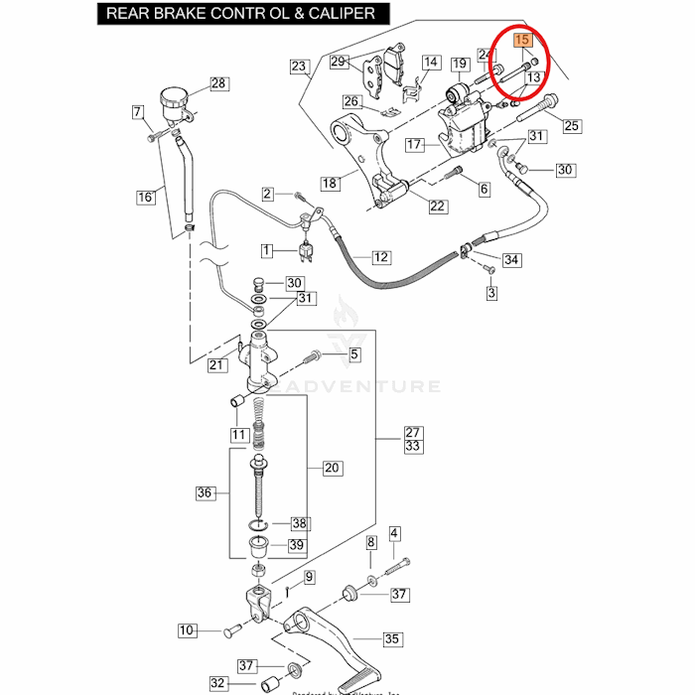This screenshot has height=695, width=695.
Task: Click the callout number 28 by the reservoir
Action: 218,83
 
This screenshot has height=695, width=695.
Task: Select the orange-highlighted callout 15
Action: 523,41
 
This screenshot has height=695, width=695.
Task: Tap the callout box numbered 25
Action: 571,126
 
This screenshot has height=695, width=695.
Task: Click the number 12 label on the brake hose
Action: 381,257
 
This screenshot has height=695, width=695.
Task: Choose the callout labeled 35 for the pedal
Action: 393,639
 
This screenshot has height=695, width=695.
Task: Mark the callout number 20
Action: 332,468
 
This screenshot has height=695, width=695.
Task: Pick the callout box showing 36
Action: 206,492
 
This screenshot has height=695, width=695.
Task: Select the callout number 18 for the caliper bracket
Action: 330,184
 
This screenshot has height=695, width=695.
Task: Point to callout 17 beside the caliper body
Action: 415,145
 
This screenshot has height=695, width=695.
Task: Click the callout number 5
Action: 353,354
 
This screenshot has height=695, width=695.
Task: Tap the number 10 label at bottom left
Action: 188,629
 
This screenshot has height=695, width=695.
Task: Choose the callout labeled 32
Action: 218,683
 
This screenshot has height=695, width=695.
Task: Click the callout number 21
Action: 218,365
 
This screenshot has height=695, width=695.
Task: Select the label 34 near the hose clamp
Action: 511,260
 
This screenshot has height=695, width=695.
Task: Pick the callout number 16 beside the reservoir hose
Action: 146,197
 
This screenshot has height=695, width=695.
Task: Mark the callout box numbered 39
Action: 297,544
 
